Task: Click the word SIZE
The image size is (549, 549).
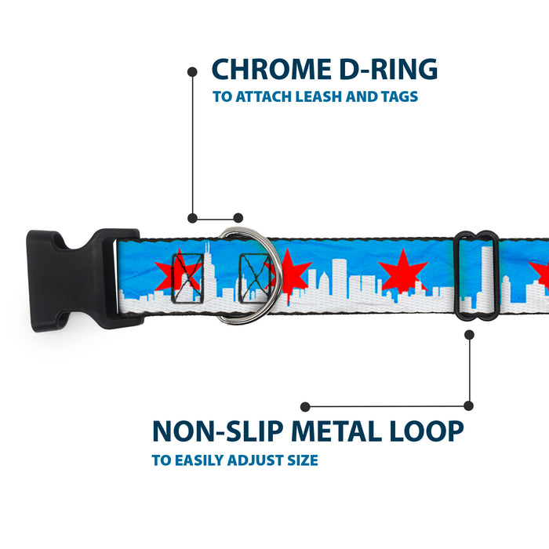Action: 300,460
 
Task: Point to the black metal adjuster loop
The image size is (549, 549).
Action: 475,274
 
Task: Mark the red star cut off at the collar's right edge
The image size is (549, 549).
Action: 540,272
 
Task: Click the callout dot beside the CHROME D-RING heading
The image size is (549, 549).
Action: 192,71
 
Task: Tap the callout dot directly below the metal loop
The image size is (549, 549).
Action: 469,334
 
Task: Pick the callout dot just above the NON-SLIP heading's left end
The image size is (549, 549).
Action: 306,406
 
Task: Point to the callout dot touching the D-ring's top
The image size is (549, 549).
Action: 238,218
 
